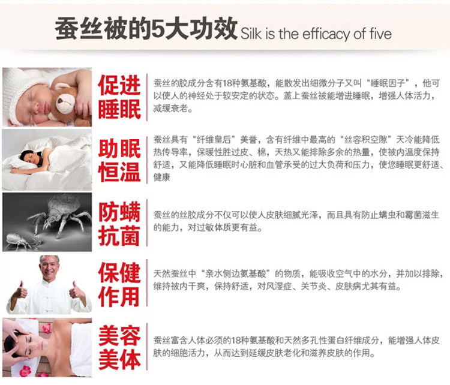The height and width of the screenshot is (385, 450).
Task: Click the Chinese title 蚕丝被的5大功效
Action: [146, 28]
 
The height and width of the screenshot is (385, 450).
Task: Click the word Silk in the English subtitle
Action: [251, 34]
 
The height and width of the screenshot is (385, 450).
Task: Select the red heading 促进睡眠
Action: [119, 97]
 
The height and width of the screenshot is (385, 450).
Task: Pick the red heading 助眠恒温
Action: [119, 160]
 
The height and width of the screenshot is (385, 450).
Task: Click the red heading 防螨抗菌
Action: [119, 224]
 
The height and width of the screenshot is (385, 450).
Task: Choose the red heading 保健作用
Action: [119, 284]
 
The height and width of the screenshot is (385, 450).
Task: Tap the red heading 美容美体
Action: [119, 347]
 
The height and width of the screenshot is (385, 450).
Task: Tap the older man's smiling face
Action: [50, 269]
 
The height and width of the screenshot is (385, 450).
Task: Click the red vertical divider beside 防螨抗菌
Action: [147, 223]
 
